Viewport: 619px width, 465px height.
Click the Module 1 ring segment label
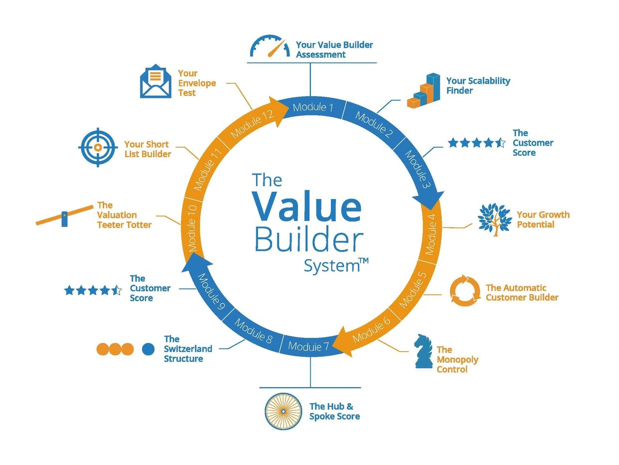click(x=312, y=107)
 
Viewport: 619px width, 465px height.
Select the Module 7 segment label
click(x=309, y=346)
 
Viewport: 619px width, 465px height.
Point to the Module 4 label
click(x=431, y=234)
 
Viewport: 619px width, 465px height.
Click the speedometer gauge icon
click(x=270, y=46)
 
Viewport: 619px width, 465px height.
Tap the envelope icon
click(x=156, y=81)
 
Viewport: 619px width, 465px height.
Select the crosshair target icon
click(x=98, y=147)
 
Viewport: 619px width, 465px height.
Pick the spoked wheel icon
click(x=284, y=411)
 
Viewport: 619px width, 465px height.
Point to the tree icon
click(x=495, y=220)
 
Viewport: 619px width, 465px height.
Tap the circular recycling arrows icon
click(x=465, y=290)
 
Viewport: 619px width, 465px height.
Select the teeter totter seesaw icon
click(x=64, y=216)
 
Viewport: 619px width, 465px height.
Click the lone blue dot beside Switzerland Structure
click(x=148, y=349)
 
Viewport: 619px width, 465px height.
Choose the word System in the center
click(x=332, y=266)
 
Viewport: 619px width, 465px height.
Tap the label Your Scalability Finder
click(x=478, y=86)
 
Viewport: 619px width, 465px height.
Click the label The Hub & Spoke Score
click(x=334, y=411)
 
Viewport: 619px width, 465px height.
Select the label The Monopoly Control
click(x=457, y=359)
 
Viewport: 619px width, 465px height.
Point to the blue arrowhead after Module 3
click(x=429, y=200)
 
